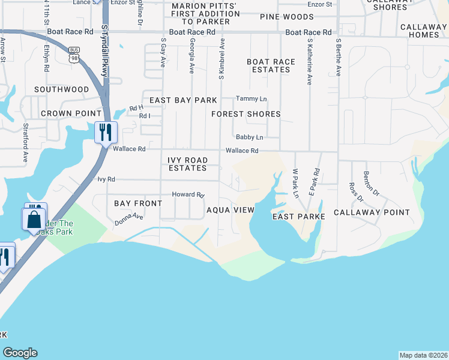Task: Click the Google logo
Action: (x=20, y=353)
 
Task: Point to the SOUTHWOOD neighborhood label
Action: (x=61, y=89)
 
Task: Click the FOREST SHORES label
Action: (x=246, y=114)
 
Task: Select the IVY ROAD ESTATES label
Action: (x=188, y=164)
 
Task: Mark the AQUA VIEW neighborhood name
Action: (x=231, y=211)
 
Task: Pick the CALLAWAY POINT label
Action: (x=372, y=212)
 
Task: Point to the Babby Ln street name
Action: (x=249, y=137)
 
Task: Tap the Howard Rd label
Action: (x=188, y=195)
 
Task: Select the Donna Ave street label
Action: (x=129, y=220)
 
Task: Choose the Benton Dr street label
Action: (x=372, y=184)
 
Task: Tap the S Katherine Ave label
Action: (x=310, y=62)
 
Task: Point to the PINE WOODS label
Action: (x=287, y=17)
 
